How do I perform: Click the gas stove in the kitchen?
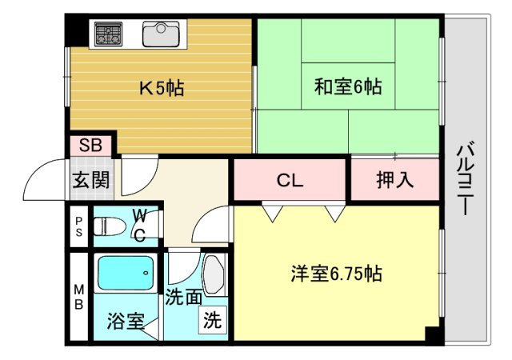(x=109, y=34)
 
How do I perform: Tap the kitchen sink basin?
(x=161, y=34)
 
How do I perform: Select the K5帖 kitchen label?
(x=162, y=88)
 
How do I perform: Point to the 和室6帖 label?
(x=348, y=87)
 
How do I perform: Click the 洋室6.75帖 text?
(x=336, y=273)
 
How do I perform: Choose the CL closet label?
(x=290, y=180)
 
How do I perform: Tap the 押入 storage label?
(x=395, y=180)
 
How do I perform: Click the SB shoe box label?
(x=90, y=145)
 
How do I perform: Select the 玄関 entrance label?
(x=90, y=180)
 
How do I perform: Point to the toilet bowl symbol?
(x=110, y=226)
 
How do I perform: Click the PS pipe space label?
(x=79, y=226)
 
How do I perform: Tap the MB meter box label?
(x=79, y=297)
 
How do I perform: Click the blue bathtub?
(x=126, y=273)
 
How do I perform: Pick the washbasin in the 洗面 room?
(x=214, y=274)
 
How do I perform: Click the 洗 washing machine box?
(x=213, y=320)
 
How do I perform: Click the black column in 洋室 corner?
(x=432, y=334)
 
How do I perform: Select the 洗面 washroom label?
(x=183, y=298)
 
